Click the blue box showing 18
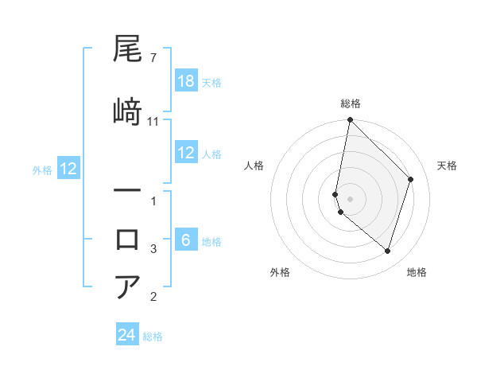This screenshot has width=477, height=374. tap(186, 81)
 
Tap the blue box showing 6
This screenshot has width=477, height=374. tap(186, 241)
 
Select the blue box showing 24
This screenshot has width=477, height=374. tap(127, 335)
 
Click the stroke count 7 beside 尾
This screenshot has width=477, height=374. tap(153, 58)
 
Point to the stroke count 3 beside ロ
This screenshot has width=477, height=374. tap(153, 249)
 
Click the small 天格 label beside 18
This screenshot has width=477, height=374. tap(211, 82)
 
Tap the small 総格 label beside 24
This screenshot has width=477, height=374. tap(153, 336)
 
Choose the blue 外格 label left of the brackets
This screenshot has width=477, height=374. tap(42, 169)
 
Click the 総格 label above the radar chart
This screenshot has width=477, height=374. tap(351, 103)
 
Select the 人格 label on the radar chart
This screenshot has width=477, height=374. tap(254, 166)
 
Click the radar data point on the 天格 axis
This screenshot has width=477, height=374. tap(411, 179)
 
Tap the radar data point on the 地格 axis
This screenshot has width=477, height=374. tap(388, 251)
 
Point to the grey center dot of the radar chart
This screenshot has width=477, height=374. tap(351, 199)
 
